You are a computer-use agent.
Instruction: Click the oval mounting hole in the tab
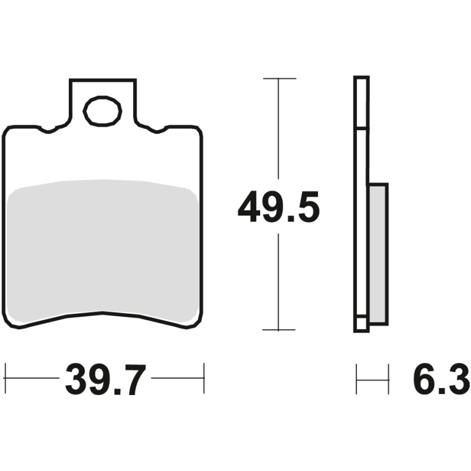pos(102,111)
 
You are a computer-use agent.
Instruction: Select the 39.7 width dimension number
pos(105,380)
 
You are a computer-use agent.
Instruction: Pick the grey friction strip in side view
pos(378,253)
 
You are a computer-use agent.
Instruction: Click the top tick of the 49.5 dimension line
pos(278,78)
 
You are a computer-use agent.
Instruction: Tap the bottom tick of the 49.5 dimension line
pos(278,330)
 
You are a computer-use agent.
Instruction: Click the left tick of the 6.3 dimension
pos(357,379)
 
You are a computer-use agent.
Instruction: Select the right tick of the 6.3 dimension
pos(389,379)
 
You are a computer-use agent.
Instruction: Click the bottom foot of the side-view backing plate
pos(361,327)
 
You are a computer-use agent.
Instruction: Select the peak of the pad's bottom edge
pos(103,313)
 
